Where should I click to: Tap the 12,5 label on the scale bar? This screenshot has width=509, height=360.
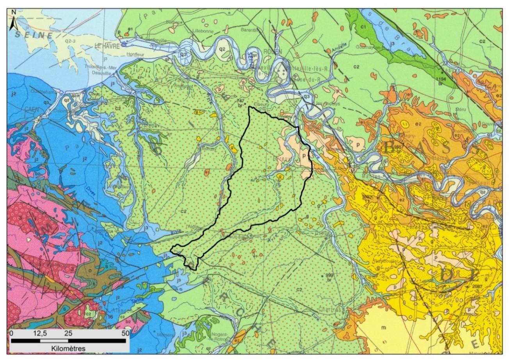coord(40,333)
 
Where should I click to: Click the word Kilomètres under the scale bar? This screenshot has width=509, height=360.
coord(68,347)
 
